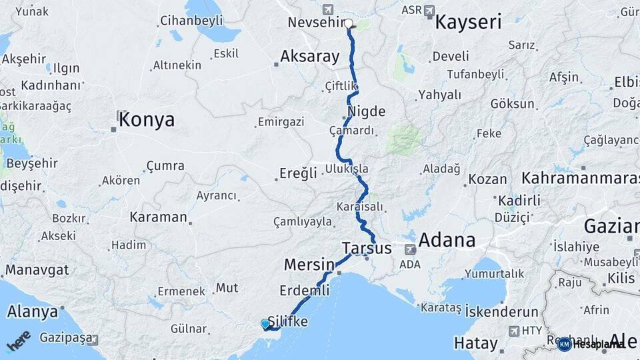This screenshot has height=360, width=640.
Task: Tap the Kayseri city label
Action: (x=468, y=23)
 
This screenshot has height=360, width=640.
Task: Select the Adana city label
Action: (x=447, y=240)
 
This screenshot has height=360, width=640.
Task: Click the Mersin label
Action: (x=309, y=265)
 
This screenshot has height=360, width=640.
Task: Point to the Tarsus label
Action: (x=367, y=249)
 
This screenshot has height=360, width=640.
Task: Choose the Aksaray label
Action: (x=310, y=57)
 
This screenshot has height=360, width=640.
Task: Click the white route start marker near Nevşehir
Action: (x=348, y=23)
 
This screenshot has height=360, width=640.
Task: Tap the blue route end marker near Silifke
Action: (x=265, y=324)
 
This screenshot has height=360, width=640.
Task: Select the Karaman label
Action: (x=159, y=217)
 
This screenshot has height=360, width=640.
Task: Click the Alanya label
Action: (x=32, y=311)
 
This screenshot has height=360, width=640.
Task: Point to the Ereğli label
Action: (x=297, y=174)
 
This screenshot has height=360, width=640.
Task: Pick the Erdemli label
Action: (x=305, y=291)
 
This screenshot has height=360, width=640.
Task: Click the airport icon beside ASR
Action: (x=429, y=11)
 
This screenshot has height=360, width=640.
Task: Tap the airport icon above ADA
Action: (x=409, y=249)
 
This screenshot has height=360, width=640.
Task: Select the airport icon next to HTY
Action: (x=513, y=331)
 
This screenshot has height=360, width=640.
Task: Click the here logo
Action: (x=19, y=341)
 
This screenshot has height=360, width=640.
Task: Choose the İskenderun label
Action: (x=501, y=312)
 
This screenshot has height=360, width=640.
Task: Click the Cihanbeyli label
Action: (x=191, y=21)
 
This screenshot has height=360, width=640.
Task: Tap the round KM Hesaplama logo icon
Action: (x=564, y=344)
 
